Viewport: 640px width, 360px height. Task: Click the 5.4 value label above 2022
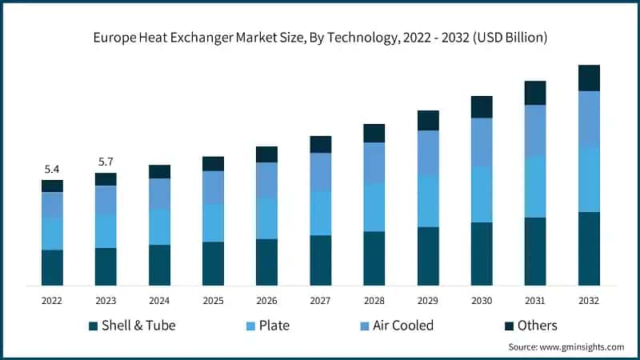(52, 170)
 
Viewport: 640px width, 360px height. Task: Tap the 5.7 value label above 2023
(106, 162)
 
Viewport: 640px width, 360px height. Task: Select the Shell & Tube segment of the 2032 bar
(589, 248)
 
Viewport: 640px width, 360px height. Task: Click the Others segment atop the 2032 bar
(589, 78)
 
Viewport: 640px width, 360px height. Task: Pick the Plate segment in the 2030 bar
(482, 194)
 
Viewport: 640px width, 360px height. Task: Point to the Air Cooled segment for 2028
(374, 163)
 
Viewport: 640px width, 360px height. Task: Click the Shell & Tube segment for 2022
(52, 267)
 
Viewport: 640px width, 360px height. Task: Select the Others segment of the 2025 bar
(213, 163)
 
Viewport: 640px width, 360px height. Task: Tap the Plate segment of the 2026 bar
(266, 218)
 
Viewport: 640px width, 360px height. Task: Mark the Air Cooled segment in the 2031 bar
(535, 130)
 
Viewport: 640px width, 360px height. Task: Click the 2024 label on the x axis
(159, 301)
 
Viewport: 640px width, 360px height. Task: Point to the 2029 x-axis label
(428, 301)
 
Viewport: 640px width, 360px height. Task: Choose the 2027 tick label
(321, 301)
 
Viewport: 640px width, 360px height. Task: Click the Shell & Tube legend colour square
(94, 326)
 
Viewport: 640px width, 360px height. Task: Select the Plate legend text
(274, 326)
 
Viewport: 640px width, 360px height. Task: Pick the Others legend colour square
(509, 326)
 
